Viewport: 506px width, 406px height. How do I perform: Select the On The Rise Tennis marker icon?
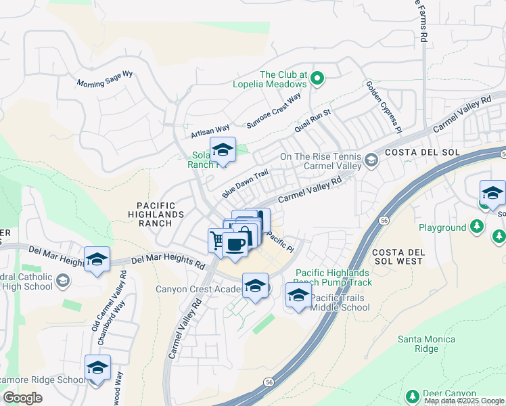click(371, 160)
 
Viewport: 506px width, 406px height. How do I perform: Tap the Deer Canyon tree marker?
click(412, 395)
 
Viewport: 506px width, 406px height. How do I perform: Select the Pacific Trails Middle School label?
click(340, 302)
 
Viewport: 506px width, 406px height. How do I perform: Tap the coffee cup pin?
click(235, 244)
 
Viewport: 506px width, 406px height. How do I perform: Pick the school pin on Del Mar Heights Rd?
click(97, 259)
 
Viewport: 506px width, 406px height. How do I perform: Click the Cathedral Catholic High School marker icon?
click(63, 280)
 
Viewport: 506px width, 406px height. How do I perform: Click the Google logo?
click(23, 397)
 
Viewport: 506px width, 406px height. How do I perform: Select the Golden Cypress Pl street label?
click(384, 106)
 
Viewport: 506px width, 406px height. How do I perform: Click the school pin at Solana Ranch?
click(222, 150)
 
